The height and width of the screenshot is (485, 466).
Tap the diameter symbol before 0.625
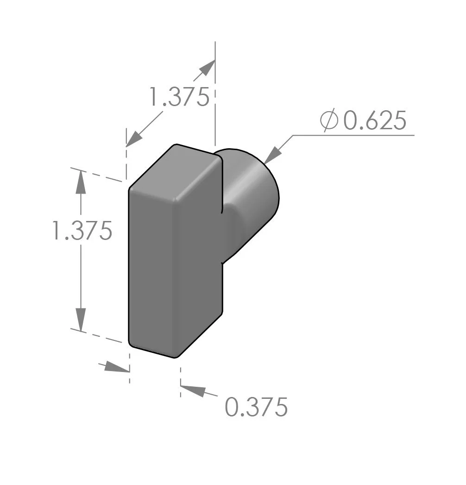(329, 121)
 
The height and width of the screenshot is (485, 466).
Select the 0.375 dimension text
(256, 407)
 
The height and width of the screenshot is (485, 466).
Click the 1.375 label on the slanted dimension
(179, 97)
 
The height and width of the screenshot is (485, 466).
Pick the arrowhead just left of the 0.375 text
(192, 391)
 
